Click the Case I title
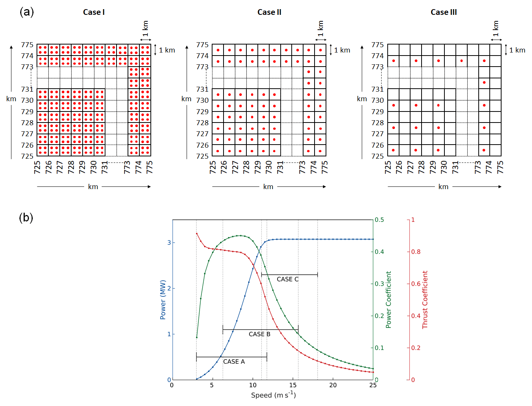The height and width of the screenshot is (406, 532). click(x=94, y=12)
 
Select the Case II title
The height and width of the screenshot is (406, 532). click(x=269, y=12)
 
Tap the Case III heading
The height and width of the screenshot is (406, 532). click(x=444, y=12)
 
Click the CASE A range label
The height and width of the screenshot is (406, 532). click(x=234, y=361)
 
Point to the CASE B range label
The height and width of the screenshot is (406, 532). click(x=259, y=334)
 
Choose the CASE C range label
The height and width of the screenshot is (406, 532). click(x=288, y=279)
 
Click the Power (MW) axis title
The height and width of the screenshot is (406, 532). click(x=163, y=300)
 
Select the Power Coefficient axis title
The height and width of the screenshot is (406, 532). click(x=388, y=300)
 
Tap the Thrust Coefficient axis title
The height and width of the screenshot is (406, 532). click(x=425, y=300)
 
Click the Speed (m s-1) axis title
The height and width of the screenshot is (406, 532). click(x=273, y=395)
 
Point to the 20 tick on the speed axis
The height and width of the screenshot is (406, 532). click(x=333, y=385)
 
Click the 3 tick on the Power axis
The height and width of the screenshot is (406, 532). click(x=169, y=242)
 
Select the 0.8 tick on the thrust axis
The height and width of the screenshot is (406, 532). click(x=416, y=252)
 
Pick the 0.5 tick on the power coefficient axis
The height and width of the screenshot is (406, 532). click(x=379, y=220)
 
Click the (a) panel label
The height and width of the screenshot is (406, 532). click(x=27, y=12)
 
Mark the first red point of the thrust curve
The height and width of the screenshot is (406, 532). click(x=197, y=234)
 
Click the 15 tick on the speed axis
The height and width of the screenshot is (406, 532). click(x=293, y=385)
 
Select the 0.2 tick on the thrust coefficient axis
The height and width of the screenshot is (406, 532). click(x=416, y=348)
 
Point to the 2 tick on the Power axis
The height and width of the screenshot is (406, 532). click(x=169, y=288)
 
